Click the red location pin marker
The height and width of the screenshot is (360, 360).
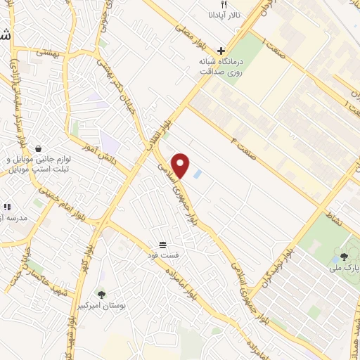[181, 165]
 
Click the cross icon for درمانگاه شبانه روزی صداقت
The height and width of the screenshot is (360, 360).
[221, 51]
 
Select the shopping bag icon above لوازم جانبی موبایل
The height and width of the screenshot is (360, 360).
[37, 148]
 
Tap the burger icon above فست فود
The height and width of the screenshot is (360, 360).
[163, 244]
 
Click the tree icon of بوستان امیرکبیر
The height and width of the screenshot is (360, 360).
[101, 295]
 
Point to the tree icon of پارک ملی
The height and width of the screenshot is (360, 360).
[344, 257]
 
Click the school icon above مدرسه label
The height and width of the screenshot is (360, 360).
[7, 207]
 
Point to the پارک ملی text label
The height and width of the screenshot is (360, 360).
[345, 268]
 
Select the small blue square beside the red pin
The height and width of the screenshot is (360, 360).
[197, 174]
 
